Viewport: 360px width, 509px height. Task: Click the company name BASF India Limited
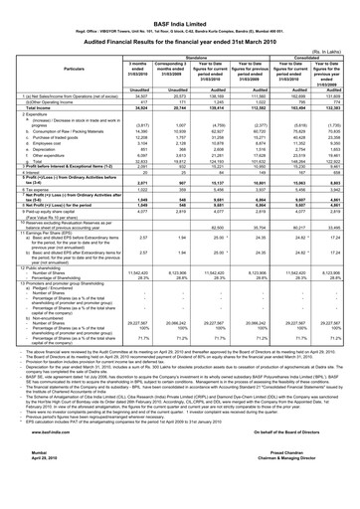pyautogui.click(x=180, y=8)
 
